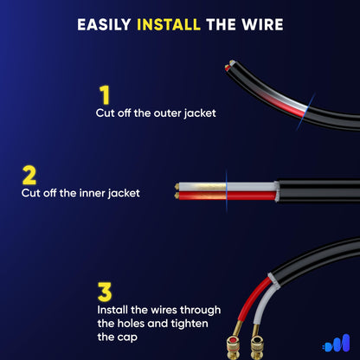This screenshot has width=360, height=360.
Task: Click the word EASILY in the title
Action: tap(105, 24)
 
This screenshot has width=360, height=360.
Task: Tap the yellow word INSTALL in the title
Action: tap(170, 24)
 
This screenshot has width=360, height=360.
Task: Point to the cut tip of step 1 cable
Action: tap(228, 66)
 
